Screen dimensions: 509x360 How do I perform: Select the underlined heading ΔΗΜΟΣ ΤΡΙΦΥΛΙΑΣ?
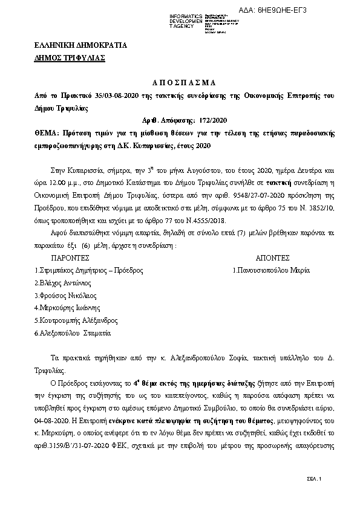point(70,58)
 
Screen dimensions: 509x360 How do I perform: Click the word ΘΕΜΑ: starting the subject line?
point(47,132)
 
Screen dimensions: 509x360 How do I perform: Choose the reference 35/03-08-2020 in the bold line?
point(113,96)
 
